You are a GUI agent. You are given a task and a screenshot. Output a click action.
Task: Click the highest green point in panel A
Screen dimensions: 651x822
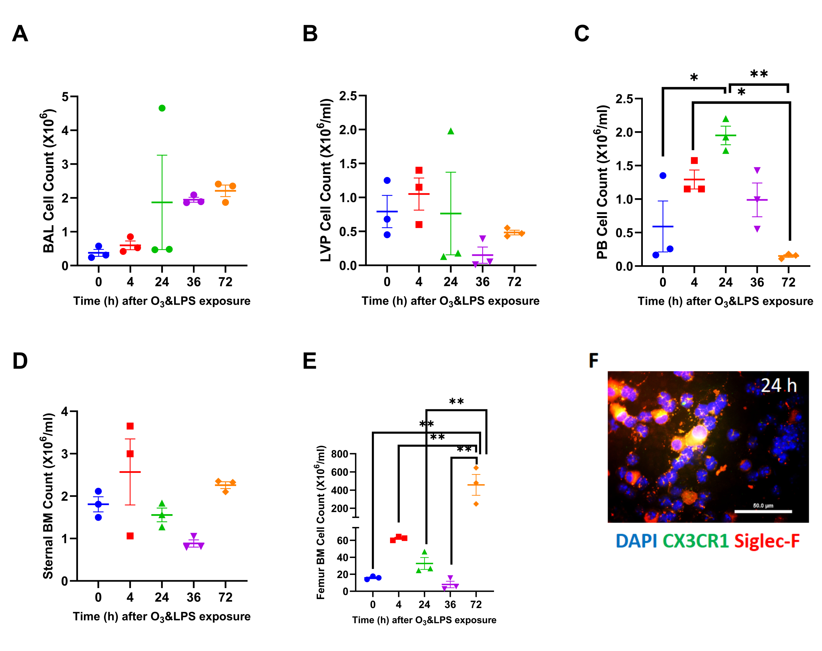(162, 108)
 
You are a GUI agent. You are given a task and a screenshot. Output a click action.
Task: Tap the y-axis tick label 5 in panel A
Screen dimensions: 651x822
(65, 97)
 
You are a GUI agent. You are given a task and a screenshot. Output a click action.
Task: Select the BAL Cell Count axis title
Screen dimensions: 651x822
(49, 181)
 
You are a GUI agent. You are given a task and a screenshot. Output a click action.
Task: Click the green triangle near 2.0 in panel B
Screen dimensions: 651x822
(451, 132)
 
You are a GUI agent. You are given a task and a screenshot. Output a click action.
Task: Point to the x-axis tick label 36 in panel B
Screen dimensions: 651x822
(482, 282)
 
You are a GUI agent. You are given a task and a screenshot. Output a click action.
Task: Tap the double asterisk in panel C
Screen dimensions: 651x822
(759, 74)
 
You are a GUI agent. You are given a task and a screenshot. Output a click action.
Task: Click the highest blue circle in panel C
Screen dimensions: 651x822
(663, 176)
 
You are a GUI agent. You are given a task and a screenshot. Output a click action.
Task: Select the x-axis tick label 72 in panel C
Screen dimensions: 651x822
(788, 282)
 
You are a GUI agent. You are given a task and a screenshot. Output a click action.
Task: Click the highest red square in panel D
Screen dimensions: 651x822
(130, 426)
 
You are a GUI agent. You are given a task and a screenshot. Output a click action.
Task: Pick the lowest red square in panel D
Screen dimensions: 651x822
(130, 536)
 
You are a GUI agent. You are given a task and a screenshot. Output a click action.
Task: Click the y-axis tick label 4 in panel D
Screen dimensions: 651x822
(65, 412)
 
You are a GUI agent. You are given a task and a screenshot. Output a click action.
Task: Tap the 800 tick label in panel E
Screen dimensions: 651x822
(340, 454)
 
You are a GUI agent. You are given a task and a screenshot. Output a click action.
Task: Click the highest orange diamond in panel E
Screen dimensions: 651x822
(476, 468)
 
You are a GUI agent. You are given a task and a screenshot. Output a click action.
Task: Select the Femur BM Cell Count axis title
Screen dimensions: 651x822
(321, 522)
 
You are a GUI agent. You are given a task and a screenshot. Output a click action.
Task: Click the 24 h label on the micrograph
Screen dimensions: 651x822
(778, 385)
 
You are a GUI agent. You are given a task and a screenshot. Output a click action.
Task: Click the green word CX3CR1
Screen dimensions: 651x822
(696, 541)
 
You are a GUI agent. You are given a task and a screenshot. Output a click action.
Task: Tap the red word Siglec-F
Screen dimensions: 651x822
(767, 541)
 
